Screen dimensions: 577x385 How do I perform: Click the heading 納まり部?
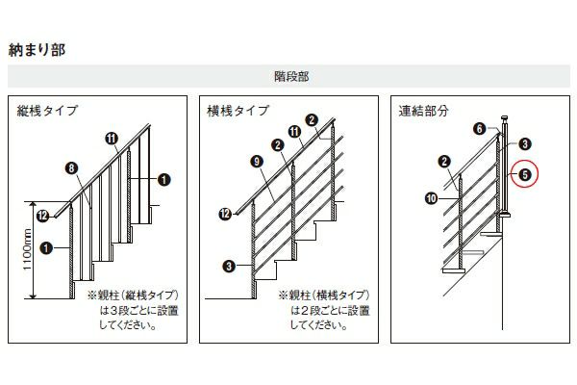pyautogui.click(x=37, y=50)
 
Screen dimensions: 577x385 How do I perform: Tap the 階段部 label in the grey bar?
pyautogui.click(x=291, y=77)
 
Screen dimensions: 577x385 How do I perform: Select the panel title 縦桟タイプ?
pyautogui.click(x=47, y=111)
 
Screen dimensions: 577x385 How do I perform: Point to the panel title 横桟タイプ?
pyautogui.click(x=238, y=111)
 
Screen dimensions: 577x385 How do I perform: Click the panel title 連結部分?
pyautogui.click(x=423, y=111)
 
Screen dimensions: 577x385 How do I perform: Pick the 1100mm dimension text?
pyautogui.click(x=28, y=249)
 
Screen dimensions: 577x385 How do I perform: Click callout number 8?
pyautogui.click(x=71, y=168)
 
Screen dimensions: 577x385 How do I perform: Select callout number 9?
pyautogui.click(x=257, y=161)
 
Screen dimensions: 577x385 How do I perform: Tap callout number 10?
pyautogui.click(x=431, y=198)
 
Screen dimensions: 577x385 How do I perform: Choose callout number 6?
pyautogui.click(x=480, y=129)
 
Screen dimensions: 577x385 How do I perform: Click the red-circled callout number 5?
pyautogui.click(x=525, y=174)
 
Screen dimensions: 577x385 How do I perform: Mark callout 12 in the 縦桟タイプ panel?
pyautogui.click(x=43, y=216)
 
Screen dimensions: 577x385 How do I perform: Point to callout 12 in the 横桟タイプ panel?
pyautogui.click(x=225, y=214)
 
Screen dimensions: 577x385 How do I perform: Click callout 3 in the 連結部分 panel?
pyautogui.click(x=525, y=143)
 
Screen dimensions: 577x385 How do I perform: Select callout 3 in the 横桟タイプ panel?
pyautogui.click(x=229, y=266)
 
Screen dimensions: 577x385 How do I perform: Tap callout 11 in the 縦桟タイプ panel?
pyautogui.click(x=112, y=139)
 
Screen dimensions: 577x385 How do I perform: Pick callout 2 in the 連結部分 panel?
pyautogui.click(x=444, y=161)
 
